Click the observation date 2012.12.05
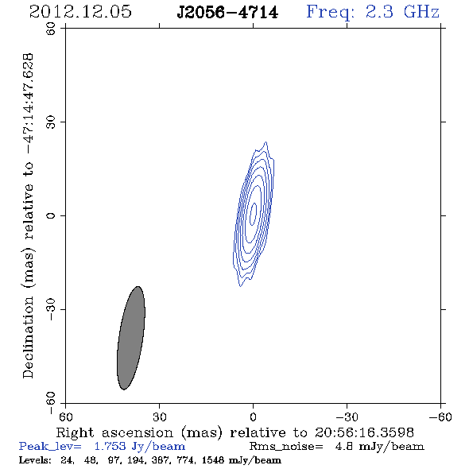(x=80, y=12)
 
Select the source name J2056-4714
(x=227, y=13)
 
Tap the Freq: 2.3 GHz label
(x=373, y=13)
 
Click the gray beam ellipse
(x=131, y=338)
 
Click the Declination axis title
(x=28, y=216)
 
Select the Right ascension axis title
(x=235, y=432)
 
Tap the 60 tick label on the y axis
(x=51, y=29)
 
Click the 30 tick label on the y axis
(x=51, y=122)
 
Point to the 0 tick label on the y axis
(x=51, y=215)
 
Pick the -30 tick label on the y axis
(x=51, y=309)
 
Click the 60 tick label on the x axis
(x=65, y=417)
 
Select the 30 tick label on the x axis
(x=160, y=417)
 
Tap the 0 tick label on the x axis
(x=253, y=417)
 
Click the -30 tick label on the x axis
(x=347, y=417)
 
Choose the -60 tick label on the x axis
(x=440, y=417)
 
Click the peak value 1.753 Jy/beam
(x=139, y=447)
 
